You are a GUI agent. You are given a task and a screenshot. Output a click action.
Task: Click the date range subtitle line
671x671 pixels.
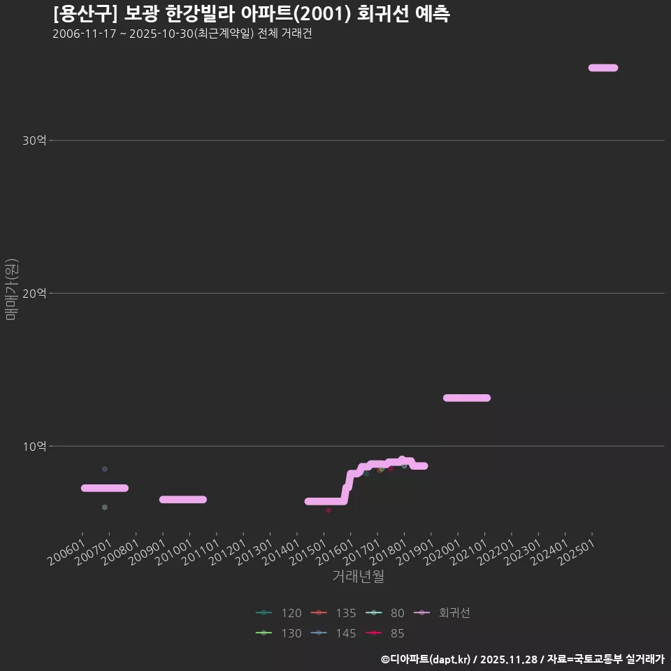click(182, 34)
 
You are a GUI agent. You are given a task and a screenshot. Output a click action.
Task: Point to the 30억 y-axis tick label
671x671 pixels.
click(34, 140)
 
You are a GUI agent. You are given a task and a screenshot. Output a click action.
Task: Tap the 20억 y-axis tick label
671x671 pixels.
click(34, 294)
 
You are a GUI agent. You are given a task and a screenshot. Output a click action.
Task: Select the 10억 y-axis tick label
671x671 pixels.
click(34, 446)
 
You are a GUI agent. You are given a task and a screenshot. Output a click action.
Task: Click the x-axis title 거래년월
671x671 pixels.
click(358, 577)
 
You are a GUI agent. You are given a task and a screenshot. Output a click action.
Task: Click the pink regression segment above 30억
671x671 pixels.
click(603, 68)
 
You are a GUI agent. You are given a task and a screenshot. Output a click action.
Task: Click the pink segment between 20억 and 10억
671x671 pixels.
click(466, 398)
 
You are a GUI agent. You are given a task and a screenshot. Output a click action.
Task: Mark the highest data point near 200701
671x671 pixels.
click(105, 468)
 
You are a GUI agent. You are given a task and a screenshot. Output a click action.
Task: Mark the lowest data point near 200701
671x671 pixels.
click(105, 507)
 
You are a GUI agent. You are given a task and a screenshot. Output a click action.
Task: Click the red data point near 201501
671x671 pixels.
click(328, 510)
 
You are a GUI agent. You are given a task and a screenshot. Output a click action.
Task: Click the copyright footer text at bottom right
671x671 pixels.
click(522, 659)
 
